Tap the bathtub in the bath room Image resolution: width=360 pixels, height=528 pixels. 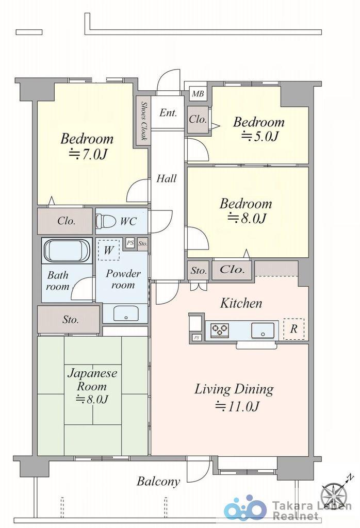pyautogui.click(x=67, y=251)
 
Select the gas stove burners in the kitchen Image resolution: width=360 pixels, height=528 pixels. pyautogui.click(x=220, y=329)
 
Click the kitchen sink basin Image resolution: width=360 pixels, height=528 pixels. pyautogui.click(x=263, y=329)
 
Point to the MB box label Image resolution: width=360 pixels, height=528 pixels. pyautogui.click(x=198, y=94)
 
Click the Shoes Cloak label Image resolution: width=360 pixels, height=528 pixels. pyautogui.click(x=144, y=121)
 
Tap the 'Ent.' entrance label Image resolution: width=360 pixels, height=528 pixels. pyautogui.click(x=168, y=112)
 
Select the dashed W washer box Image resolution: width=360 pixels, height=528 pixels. pyautogui.click(x=109, y=250)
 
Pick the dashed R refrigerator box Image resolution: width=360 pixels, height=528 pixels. pyautogui.click(x=293, y=328)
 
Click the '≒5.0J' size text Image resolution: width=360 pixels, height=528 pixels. pyautogui.click(x=260, y=136)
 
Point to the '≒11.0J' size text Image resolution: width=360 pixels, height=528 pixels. pyautogui.click(x=237, y=406)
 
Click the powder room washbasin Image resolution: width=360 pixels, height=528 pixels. pyautogui.click(x=126, y=314)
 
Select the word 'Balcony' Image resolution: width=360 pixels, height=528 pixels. pyautogui.click(x=158, y=481)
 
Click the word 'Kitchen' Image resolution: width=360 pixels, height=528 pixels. pyautogui.click(x=241, y=303)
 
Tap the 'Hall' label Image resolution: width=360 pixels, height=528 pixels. pyautogui.click(x=167, y=178)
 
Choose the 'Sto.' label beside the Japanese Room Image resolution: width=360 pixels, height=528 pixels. pyautogui.click(x=70, y=319)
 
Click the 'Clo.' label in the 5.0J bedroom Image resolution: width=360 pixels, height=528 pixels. pyautogui.click(x=198, y=119)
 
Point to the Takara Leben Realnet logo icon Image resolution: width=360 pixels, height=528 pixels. pyautogui.click(x=245, y=508)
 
